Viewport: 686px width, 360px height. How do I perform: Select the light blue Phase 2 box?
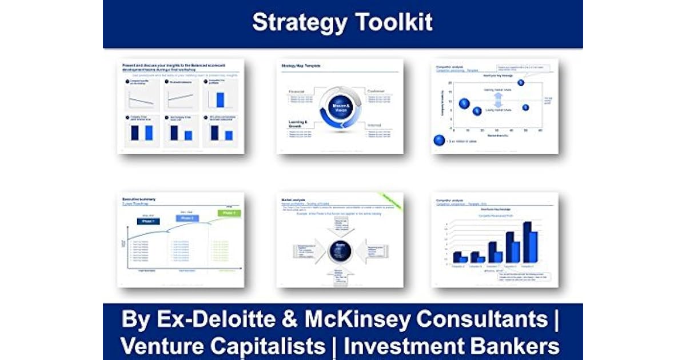pos(186,218)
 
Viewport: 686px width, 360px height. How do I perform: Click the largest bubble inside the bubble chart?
pos(464,103)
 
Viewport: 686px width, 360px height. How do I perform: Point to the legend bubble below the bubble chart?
pos(439,141)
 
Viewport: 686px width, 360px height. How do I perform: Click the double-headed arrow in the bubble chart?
pos(498,100)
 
